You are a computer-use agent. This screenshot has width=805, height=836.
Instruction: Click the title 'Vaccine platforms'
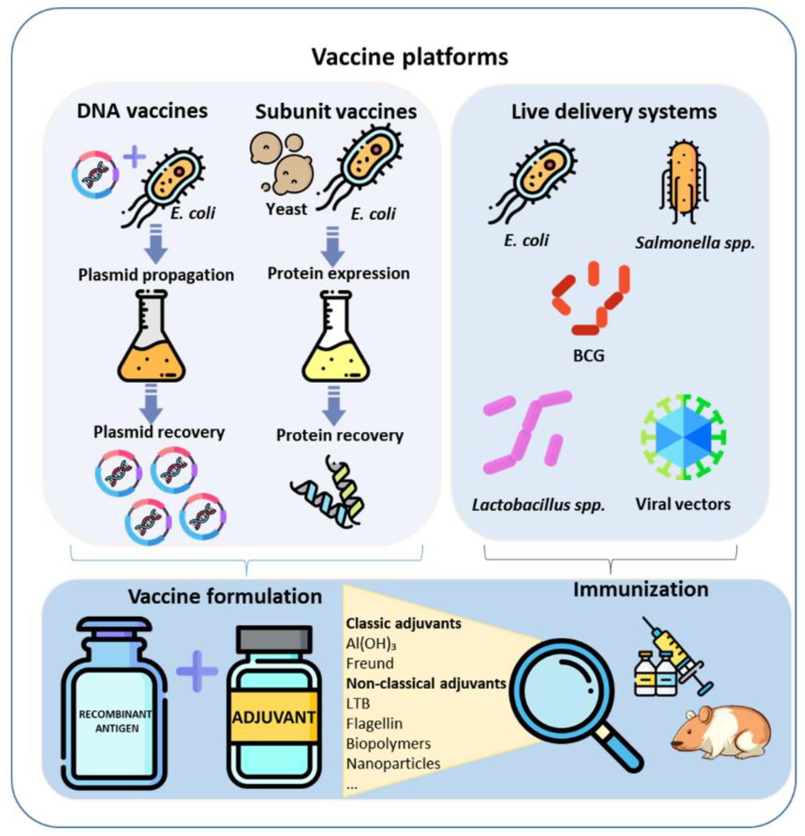tap(409, 57)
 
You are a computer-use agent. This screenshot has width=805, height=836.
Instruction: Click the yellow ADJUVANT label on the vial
tap(273, 718)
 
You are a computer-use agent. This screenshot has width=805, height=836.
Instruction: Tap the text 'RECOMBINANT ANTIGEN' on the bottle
tap(115, 721)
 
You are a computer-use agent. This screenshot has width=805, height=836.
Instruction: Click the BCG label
tap(589, 355)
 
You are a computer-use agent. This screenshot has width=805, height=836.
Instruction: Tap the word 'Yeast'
tap(286, 209)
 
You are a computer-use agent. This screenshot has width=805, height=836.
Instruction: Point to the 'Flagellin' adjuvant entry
tap(374, 723)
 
